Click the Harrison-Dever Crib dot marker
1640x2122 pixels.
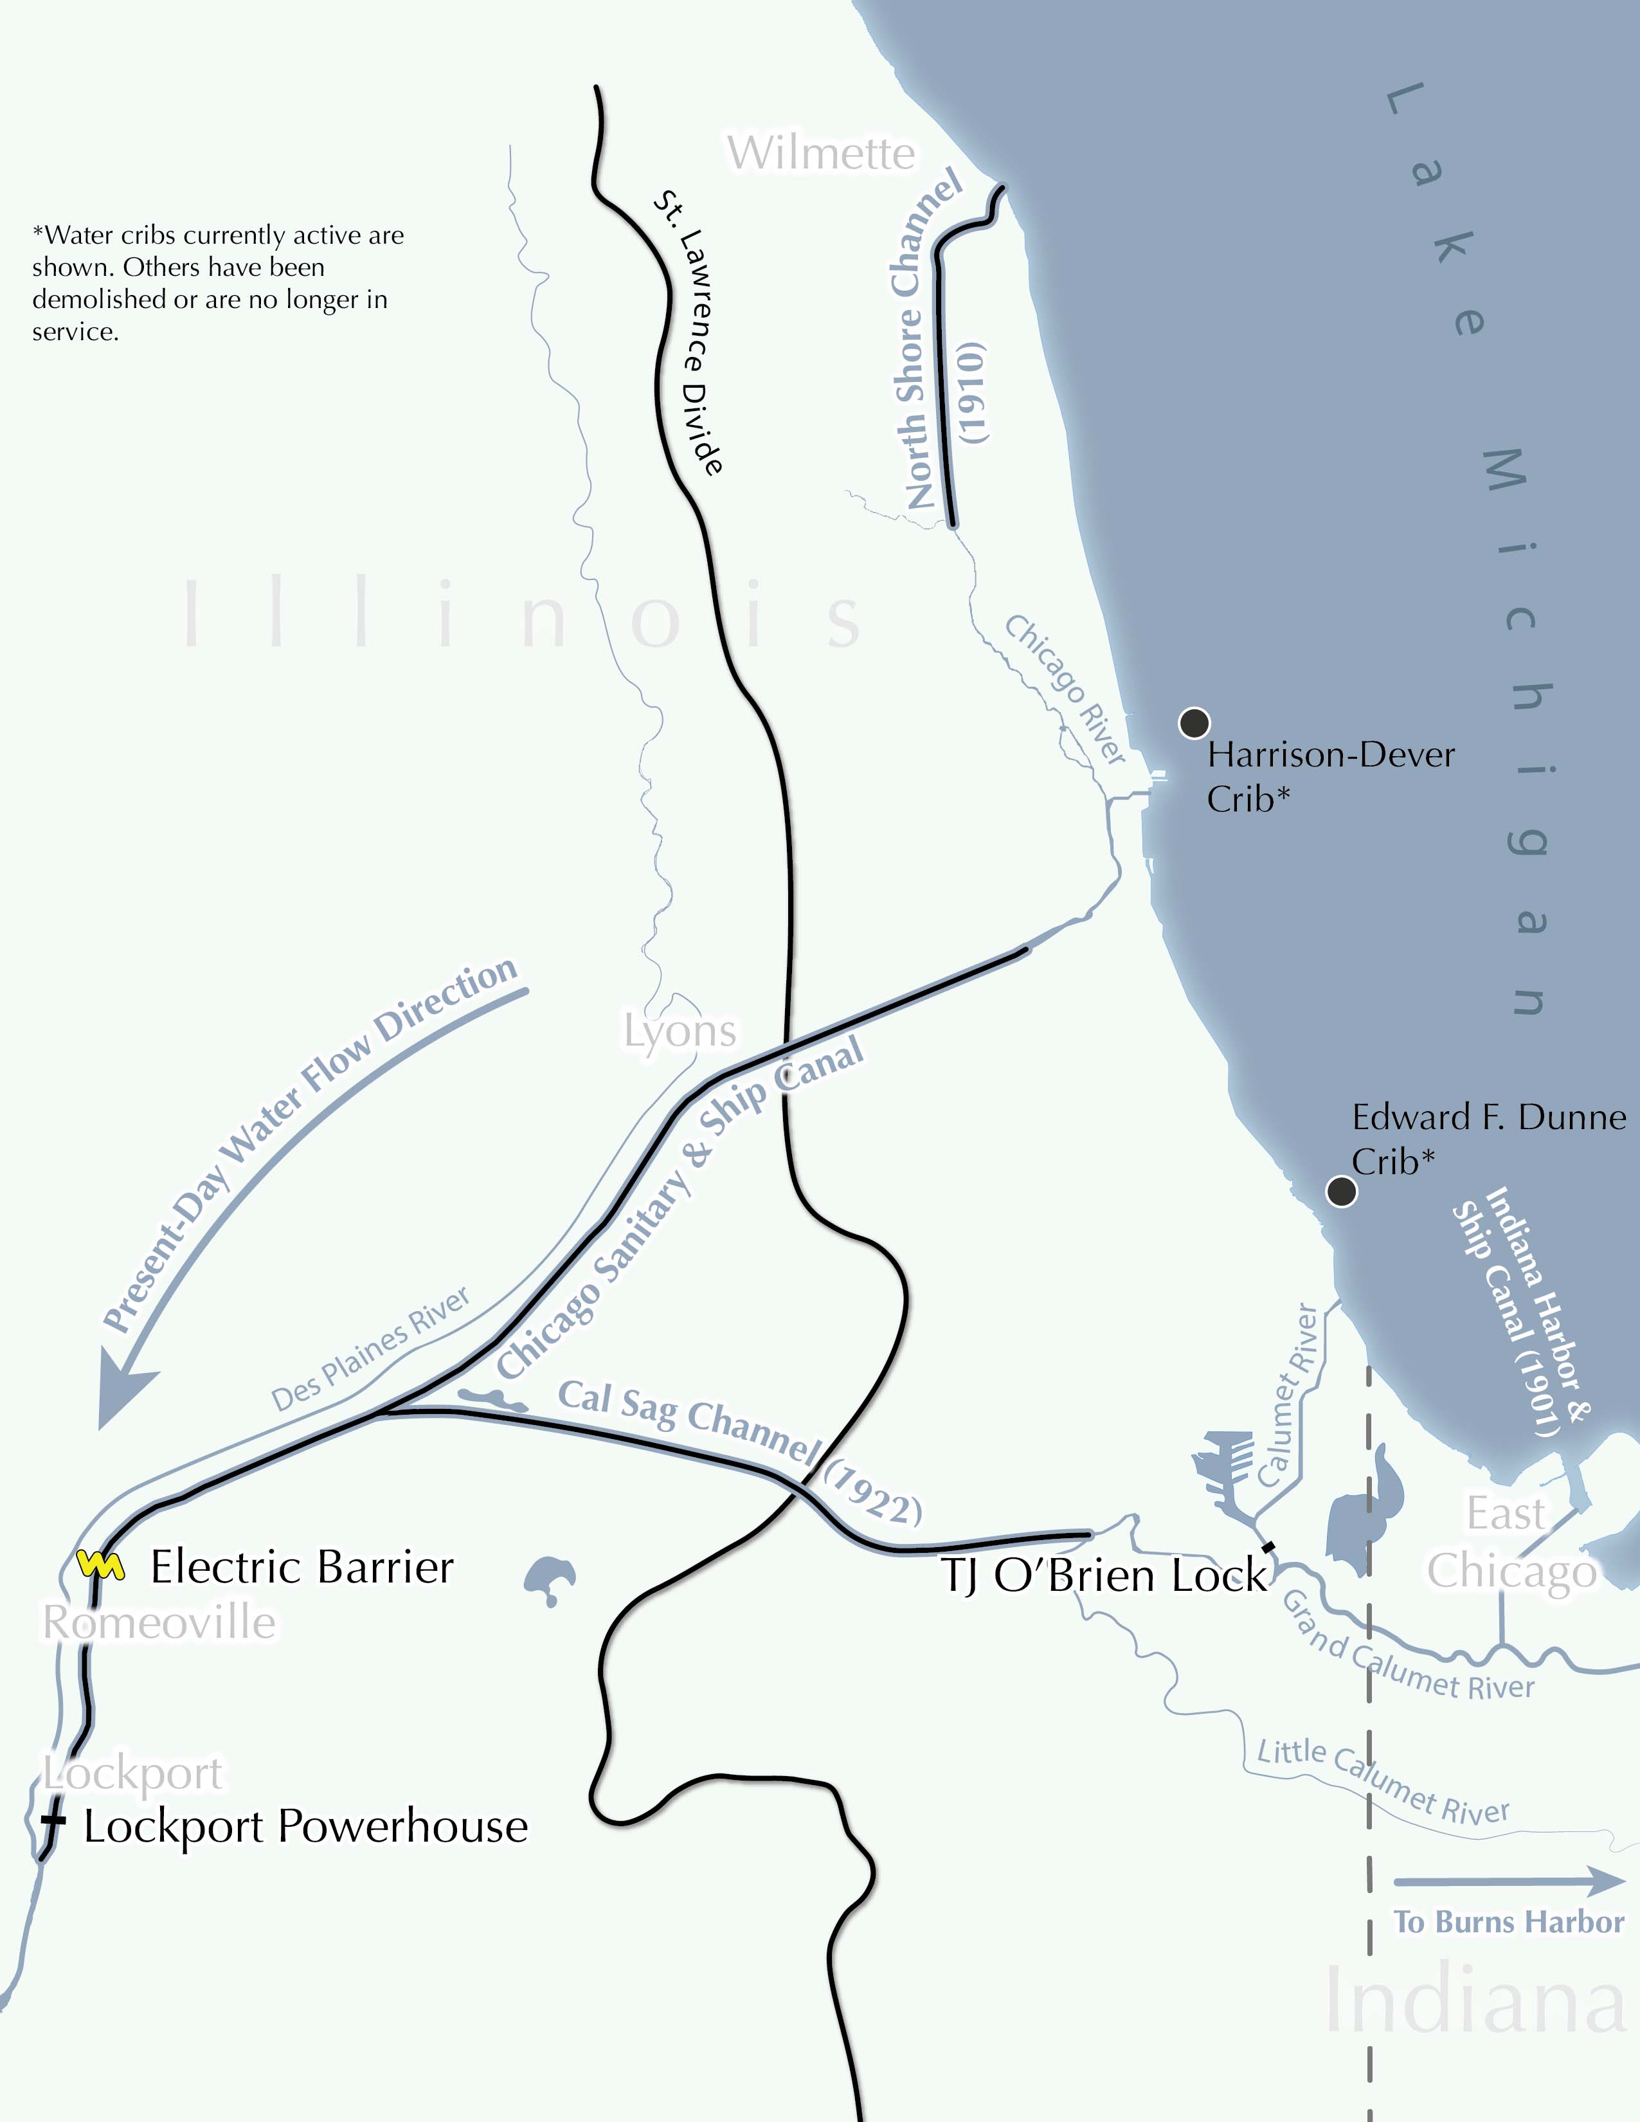(x=1193, y=723)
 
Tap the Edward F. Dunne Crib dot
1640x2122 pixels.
(x=1341, y=1191)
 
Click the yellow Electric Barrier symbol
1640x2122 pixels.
(x=100, y=1565)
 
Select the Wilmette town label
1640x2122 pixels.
(x=821, y=154)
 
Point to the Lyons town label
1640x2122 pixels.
(x=680, y=1031)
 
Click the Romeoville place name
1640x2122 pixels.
(x=159, y=1622)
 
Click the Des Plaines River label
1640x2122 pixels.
(x=370, y=1350)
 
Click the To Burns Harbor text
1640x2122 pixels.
(x=1508, y=1922)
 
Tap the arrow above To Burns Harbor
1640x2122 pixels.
(x=1508, y=1881)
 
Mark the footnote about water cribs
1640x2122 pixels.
(x=218, y=283)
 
